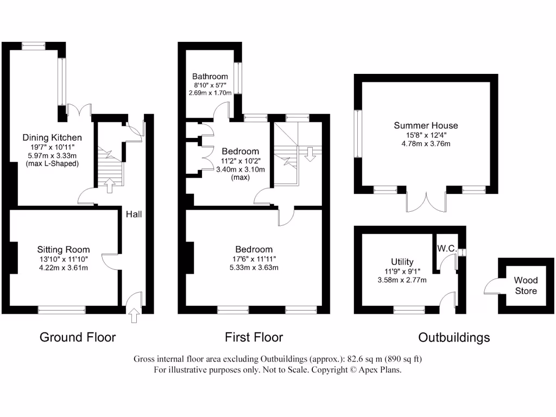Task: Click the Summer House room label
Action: (426, 125)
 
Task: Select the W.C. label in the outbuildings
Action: (446, 248)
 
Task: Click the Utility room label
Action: (402, 262)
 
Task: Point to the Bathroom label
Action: (210, 77)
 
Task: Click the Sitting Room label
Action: (64, 250)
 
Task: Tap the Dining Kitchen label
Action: (52, 137)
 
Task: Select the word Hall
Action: (134, 214)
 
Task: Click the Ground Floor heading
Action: (78, 337)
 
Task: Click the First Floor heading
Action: (254, 337)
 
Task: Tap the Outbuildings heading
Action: (454, 338)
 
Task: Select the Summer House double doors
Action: (426, 201)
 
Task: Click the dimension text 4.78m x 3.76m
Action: (426, 144)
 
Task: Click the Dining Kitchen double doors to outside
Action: (79, 110)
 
